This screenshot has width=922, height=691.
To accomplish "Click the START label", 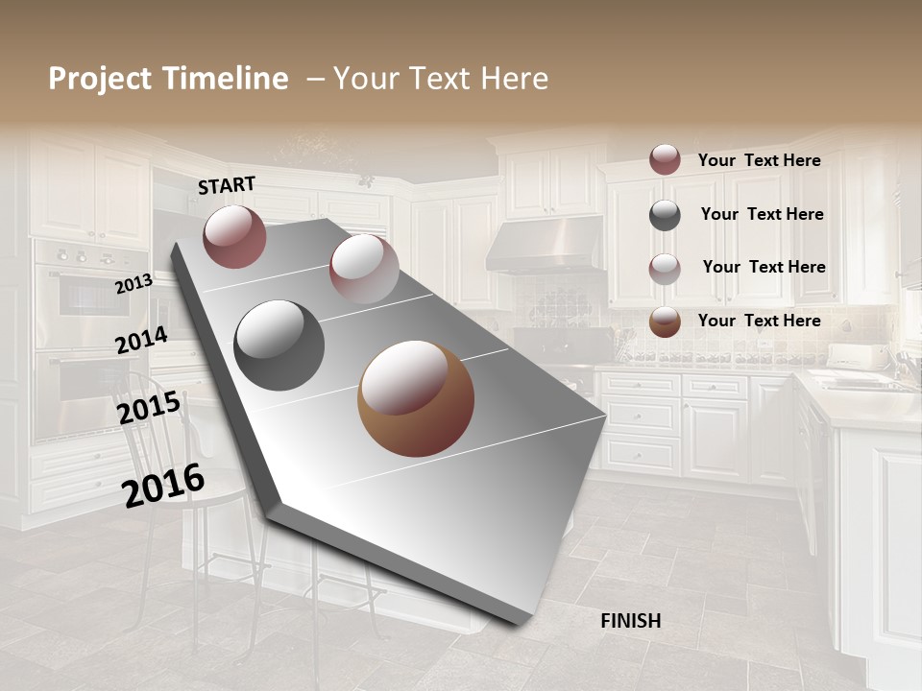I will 227,185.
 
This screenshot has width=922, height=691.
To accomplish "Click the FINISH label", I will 631,621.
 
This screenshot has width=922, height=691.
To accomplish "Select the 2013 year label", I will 133,284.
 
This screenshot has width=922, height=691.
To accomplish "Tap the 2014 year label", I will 141,341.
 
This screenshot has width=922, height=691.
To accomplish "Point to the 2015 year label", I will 148,408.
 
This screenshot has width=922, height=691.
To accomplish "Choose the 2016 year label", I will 163,485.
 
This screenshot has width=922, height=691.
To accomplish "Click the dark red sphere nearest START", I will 234,236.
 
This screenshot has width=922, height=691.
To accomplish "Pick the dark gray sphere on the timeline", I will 279,345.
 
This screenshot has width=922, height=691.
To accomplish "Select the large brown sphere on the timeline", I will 416,398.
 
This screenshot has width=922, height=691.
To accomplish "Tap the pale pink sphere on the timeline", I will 364,269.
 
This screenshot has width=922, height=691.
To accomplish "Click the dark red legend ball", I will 665,159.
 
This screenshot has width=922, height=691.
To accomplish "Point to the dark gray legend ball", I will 665,215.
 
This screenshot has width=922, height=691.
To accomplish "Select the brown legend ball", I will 665,322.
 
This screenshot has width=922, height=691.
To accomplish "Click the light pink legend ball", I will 665,269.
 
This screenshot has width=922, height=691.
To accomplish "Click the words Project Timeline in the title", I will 168,79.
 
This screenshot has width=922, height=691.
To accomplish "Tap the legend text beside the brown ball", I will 759,321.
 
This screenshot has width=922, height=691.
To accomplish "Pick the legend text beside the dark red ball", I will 759,160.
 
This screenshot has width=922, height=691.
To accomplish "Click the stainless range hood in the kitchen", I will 545,246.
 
